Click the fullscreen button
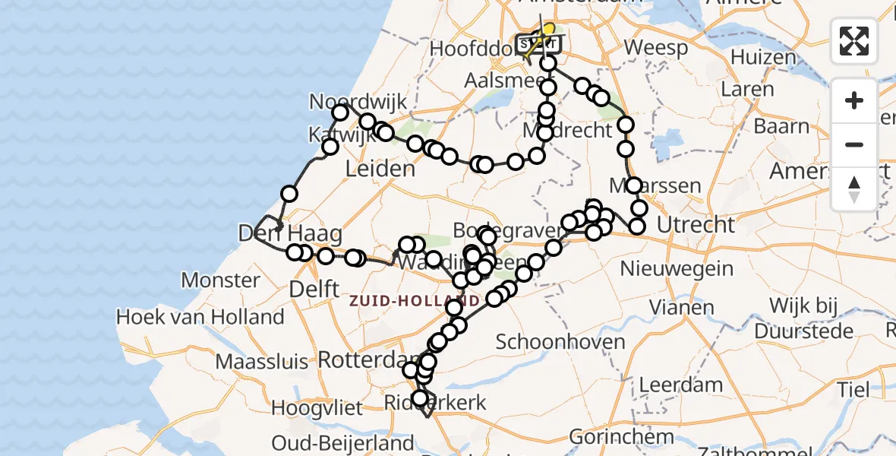click(854, 41)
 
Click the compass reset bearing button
click(854, 189)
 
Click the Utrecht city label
click(696, 225)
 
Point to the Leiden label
click(380, 169)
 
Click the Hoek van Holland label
click(200, 317)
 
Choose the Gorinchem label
click(621, 437)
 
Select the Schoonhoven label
click(560, 341)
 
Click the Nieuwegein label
click(677, 268)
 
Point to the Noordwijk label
click(358, 102)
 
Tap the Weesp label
click(656, 48)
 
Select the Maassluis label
click(264, 361)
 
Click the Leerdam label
click(680, 385)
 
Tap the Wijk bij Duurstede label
click(812, 318)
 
